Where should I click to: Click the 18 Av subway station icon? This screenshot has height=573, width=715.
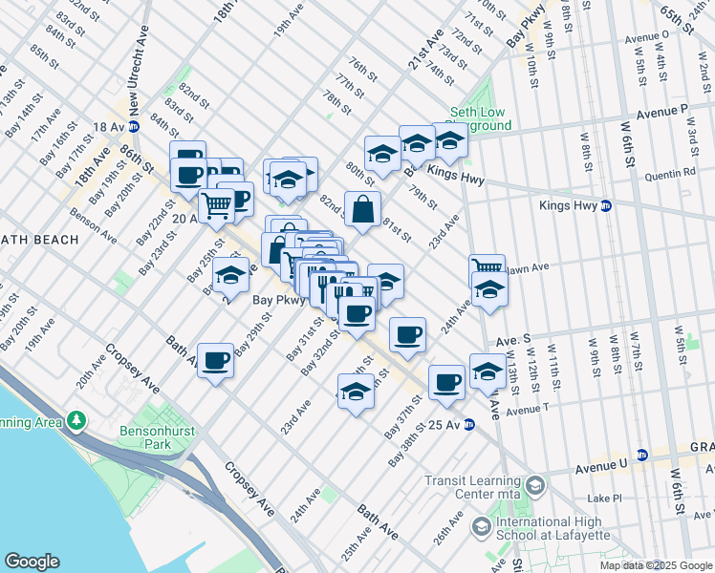tap(134, 126)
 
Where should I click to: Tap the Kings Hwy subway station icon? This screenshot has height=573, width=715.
tap(605, 205)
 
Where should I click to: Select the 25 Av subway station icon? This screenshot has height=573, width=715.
tap(469, 425)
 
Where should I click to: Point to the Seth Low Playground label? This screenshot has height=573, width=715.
tap(480, 118)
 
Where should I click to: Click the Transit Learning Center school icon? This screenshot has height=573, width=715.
tap(535, 487)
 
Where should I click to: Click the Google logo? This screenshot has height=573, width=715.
tap(32, 562)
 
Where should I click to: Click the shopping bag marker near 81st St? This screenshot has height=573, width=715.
tap(363, 209)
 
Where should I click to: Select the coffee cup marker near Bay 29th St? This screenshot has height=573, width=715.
tap(216, 360)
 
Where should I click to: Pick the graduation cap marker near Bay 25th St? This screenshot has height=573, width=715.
tap(230, 276)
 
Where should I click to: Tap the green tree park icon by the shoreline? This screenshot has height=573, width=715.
tap(76, 421)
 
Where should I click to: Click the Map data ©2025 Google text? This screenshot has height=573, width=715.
tap(656, 565)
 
